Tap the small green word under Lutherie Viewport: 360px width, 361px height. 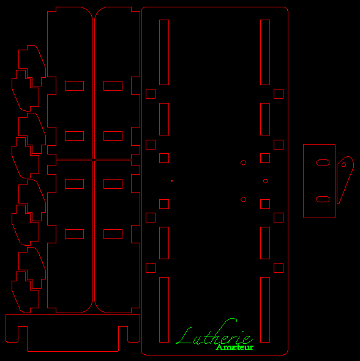click(234, 347)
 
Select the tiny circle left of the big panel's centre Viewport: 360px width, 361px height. click(171, 181)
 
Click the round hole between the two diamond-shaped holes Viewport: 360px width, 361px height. click(265, 181)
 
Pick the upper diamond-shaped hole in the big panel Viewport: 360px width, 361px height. click(243, 163)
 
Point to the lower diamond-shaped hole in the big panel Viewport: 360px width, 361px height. click(243, 199)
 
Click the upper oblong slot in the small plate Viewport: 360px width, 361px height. click(323, 162)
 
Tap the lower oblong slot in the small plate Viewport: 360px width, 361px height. click(323, 199)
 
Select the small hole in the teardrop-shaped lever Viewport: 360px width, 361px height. click(343, 165)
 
